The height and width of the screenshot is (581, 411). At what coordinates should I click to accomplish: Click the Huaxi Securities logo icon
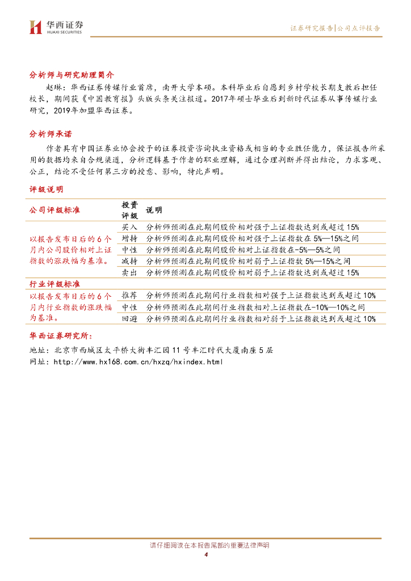[36, 27]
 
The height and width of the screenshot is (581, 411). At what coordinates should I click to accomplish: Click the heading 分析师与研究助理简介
[72, 75]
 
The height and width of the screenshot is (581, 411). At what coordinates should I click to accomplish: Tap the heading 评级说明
[46, 189]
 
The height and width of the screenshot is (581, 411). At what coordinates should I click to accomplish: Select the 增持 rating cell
[129, 238]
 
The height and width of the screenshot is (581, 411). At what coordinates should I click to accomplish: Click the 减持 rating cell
[129, 261]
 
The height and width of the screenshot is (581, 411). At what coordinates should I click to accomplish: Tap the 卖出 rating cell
[129, 273]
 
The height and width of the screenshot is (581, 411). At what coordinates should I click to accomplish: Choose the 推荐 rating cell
[129, 295]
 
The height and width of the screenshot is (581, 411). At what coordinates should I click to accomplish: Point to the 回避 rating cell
[129, 319]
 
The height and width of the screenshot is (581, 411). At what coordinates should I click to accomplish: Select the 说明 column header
[154, 210]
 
